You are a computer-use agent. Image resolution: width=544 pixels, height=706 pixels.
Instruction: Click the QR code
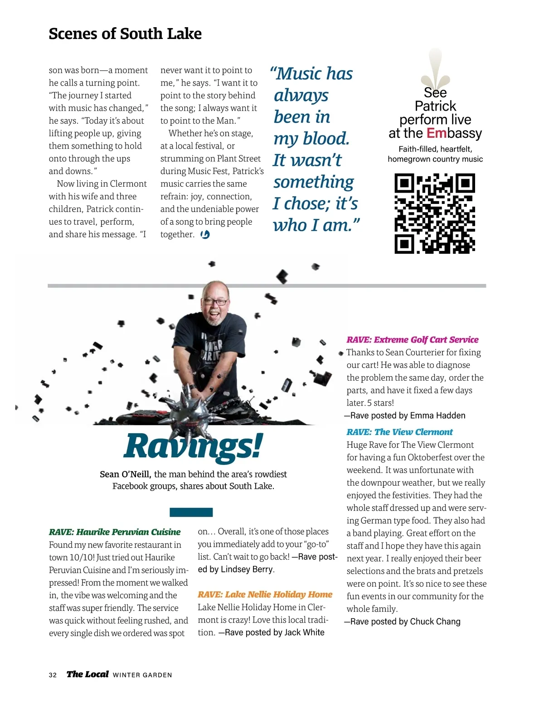[435, 213]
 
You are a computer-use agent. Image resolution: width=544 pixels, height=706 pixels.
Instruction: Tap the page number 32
[53, 675]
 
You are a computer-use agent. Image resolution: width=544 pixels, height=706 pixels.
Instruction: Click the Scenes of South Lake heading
[125, 34]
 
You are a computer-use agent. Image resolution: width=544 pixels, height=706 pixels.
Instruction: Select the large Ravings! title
[193, 446]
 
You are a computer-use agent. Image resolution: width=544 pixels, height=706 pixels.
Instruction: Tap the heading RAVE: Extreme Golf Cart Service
[412, 339]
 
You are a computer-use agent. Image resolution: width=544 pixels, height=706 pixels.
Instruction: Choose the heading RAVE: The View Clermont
[399, 432]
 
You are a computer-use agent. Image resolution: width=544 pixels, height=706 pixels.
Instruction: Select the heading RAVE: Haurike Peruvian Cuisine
[115, 532]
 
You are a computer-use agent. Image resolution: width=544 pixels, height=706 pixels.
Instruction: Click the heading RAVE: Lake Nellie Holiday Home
[265, 595]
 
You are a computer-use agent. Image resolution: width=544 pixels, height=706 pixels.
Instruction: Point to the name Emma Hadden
[438, 416]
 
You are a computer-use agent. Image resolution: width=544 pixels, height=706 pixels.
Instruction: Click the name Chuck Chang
[436, 622]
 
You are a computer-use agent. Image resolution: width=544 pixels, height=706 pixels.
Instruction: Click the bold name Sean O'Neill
[126, 474]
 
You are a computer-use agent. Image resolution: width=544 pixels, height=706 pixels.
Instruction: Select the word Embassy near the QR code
[454, 133]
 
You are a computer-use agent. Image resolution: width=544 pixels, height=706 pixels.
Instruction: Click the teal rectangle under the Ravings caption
[191, 513]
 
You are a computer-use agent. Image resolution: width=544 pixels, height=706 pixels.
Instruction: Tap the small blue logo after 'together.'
[205, 234]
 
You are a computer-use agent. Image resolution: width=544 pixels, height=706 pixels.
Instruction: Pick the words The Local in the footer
[87, 674]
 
